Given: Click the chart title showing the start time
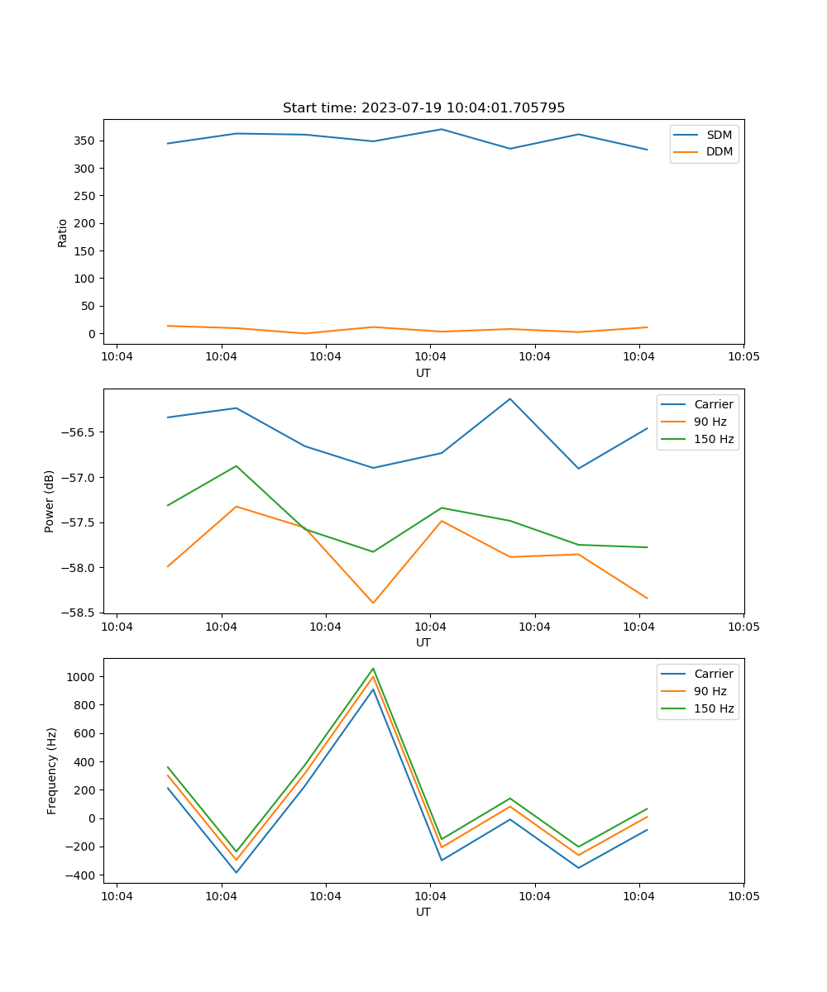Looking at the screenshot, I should [x=423, y=108].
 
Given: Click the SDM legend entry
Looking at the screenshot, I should [x=719, y=135].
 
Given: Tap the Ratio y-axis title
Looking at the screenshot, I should [x=63, y=232].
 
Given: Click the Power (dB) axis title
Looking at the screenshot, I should [x=50, y=501].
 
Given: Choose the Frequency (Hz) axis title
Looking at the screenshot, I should [x=52, y=770].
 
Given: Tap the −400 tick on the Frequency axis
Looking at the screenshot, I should [x=81, y=875].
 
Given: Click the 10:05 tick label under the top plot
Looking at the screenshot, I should [x=743, y=357].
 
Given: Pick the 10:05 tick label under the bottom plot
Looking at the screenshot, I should [x=743, y=896].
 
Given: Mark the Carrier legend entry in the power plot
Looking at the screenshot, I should [x=713, y=404].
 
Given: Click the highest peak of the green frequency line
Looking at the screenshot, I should [x=373, y=669].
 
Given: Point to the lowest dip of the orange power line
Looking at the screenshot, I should [x=373, y=603].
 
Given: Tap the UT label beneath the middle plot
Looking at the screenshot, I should [x=423, y=642].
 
